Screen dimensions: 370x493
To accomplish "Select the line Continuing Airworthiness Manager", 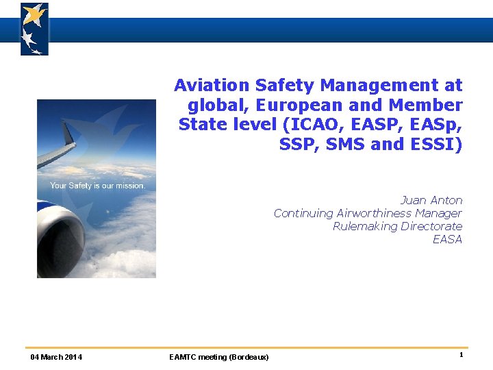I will (368, 213).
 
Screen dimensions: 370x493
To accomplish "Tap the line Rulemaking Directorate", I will (397, 226).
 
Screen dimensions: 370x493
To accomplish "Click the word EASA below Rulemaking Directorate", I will (447, 239).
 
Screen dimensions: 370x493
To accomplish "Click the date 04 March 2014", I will (56, 357).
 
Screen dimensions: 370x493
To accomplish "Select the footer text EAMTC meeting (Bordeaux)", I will (218, 357).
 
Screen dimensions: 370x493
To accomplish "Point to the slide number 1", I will (461, 355).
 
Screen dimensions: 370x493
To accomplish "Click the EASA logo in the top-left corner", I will (34, 29).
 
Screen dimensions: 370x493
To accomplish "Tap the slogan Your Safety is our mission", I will (97, 186).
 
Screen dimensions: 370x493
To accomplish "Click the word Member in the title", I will (425, 106).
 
